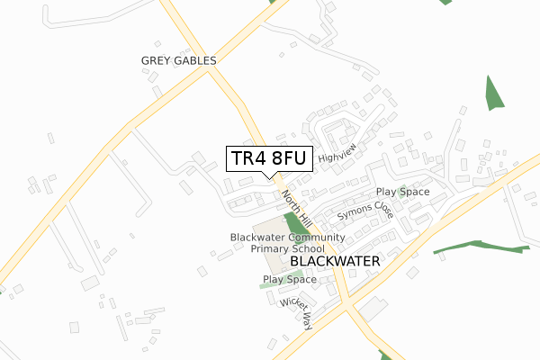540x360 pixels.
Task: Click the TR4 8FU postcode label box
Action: (x=269, y=158)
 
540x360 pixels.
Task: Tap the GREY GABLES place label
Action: (x=179, y=60)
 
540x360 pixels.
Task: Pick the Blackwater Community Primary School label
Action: (x=288, y=242)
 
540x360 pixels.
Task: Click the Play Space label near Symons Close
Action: (x=402, y=192)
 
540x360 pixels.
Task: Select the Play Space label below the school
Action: (x=289, y=280)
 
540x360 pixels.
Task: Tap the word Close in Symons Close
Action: (x=382, y=206)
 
